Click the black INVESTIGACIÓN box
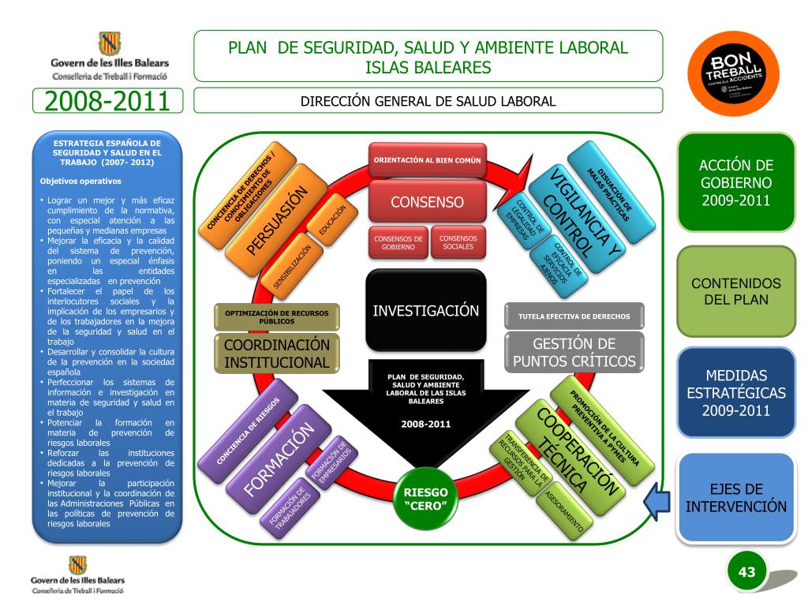pyautogui.click(x=425, y=309)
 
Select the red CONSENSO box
pyautogui.click(x=427, y=202)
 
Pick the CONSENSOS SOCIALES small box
pyautogui.click(x=458, y=241)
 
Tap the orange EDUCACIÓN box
pyautogui.click(x=332, y=220)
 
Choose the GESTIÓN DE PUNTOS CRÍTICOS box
pyautogui.click(x=574, y=353)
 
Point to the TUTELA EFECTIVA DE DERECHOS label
pyautogui.click(x=574, y=316)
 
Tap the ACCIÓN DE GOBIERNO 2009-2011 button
pyautogui.click(x=736, y=182)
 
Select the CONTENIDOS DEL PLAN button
pyautogui.click(x=736, y=291)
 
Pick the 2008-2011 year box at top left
pyautogui.click(x=108, y=102)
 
